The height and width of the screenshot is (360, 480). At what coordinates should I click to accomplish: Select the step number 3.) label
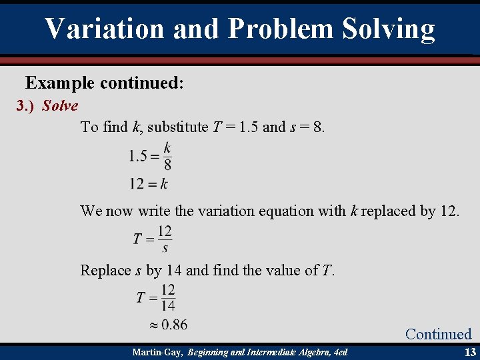click(26, 106)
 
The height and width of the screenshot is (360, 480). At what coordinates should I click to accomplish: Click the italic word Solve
click(60, 106)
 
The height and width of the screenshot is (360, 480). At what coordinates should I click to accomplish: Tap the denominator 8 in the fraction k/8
click(167, 165)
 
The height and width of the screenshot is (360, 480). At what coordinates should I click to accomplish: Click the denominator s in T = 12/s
click(165, 248)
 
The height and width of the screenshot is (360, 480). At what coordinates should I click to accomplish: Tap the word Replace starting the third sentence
click(104, 270)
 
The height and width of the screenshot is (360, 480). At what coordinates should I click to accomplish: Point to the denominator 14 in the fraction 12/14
click(167, 305)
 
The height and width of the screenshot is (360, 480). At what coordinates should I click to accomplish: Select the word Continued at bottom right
click(438, 334)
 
